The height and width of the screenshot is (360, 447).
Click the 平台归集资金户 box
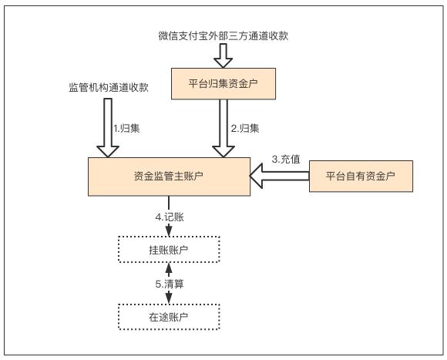coord(223,83)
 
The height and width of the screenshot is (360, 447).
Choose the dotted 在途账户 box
coord(168,315)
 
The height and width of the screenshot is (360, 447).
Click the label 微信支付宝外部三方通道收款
coord(223,35)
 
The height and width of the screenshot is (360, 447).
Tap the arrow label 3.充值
coord(286,160)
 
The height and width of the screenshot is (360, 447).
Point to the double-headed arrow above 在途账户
coord(168,284)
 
